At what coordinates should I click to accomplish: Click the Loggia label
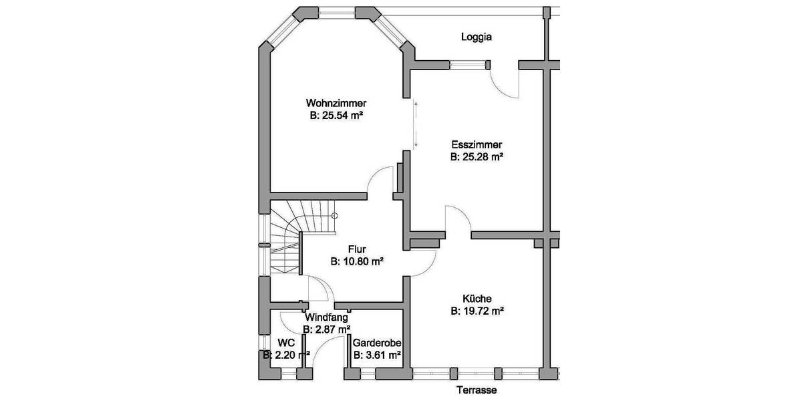[477, 37]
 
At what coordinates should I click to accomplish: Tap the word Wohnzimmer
[336, 104]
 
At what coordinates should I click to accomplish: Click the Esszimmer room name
[477, 145]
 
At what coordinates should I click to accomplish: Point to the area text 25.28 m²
[477, 158]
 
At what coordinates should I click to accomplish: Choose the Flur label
[356, 250]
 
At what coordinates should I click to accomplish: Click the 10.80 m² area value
[356, 262]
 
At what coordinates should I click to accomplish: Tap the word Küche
[477, 299]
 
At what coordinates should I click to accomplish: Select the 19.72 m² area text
[477, 311]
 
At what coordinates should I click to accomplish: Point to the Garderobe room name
[377, 342]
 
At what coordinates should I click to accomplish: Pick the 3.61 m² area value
[377, 355]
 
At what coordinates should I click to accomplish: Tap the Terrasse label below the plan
[477, 390]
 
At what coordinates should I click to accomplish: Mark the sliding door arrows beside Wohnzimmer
[416, 124]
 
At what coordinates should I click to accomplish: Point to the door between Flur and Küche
[421, 261]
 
